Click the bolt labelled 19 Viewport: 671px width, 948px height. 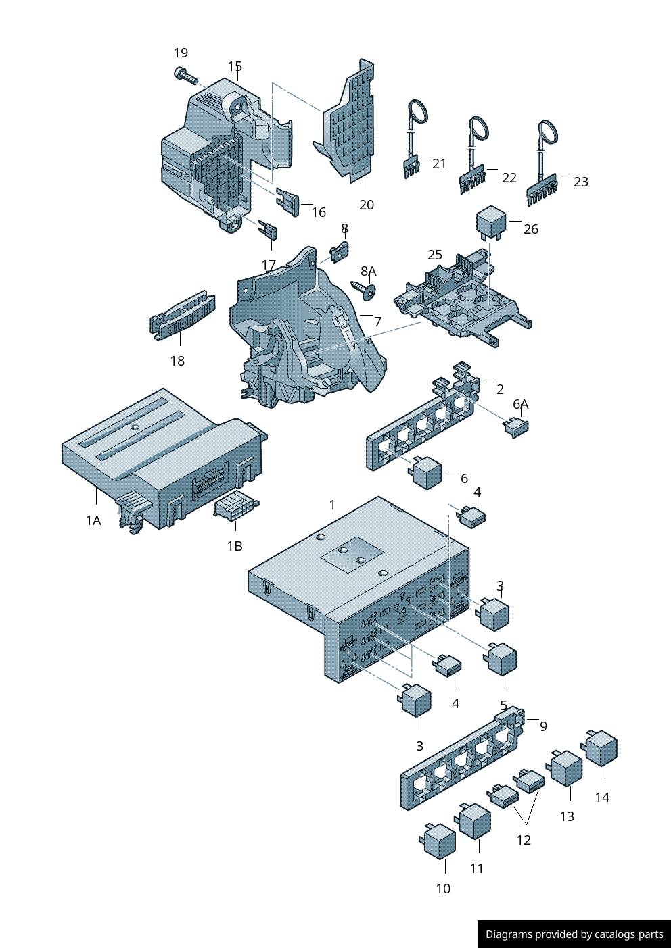185,76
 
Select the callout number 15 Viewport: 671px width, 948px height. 235,66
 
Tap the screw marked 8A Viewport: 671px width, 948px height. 364,289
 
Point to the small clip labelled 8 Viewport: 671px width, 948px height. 340,252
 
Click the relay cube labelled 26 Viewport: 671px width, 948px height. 491,222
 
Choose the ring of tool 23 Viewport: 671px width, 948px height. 548,132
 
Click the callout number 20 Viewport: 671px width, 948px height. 367,205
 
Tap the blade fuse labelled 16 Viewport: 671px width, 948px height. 288,203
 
